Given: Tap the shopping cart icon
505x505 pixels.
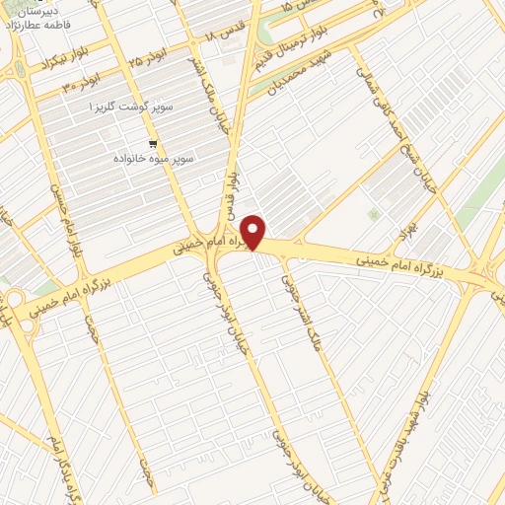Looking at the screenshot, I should [151, 143].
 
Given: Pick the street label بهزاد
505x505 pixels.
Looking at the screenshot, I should [401, 229].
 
